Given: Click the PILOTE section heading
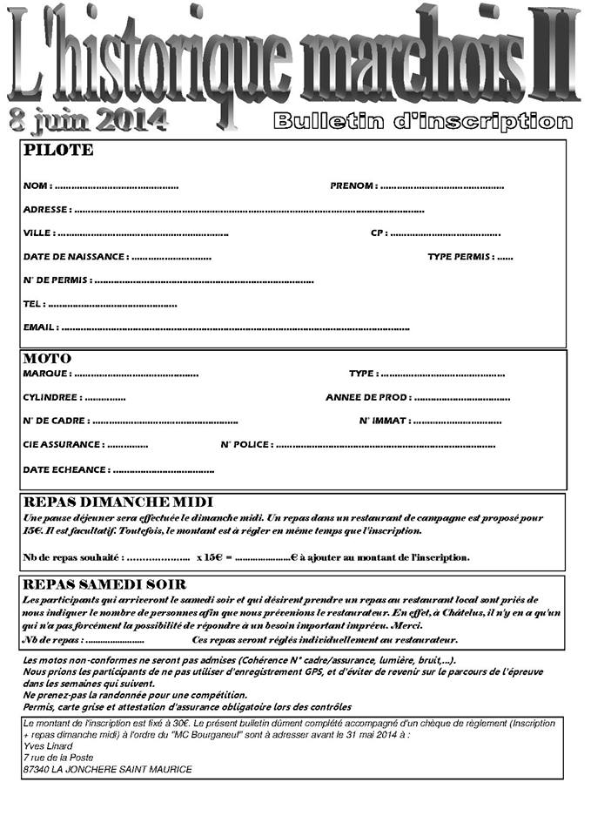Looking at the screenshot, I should (x=58, y=151).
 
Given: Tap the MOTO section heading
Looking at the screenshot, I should (x=48, y=359).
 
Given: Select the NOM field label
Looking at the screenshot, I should (x=36, y=185).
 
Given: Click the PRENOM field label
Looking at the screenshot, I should (x=353, y=185).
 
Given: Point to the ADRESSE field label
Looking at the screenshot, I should (x=46, y=210).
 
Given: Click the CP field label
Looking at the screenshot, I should (x=378, y=233).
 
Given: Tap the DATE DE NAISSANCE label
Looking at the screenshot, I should (x=75, y=257).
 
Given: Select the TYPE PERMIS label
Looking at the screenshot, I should (x=460, y=257).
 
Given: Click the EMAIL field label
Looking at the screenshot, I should (x=40, y=328).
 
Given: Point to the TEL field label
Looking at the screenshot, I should (x=33, y=305).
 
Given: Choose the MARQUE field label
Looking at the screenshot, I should (x=46, y=374).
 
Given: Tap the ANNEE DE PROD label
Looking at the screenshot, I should (x=366, y=397).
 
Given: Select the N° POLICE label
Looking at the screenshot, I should (x=245, y=445).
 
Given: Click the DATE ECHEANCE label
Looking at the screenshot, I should (x=66, y=470).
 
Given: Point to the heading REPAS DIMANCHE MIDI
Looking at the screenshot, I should (x=118, y=502).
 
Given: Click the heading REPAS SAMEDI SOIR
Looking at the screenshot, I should (x=112, y=584).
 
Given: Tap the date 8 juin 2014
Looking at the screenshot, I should (x=88, y=120).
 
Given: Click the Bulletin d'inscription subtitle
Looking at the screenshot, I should (x=423, y=122).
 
